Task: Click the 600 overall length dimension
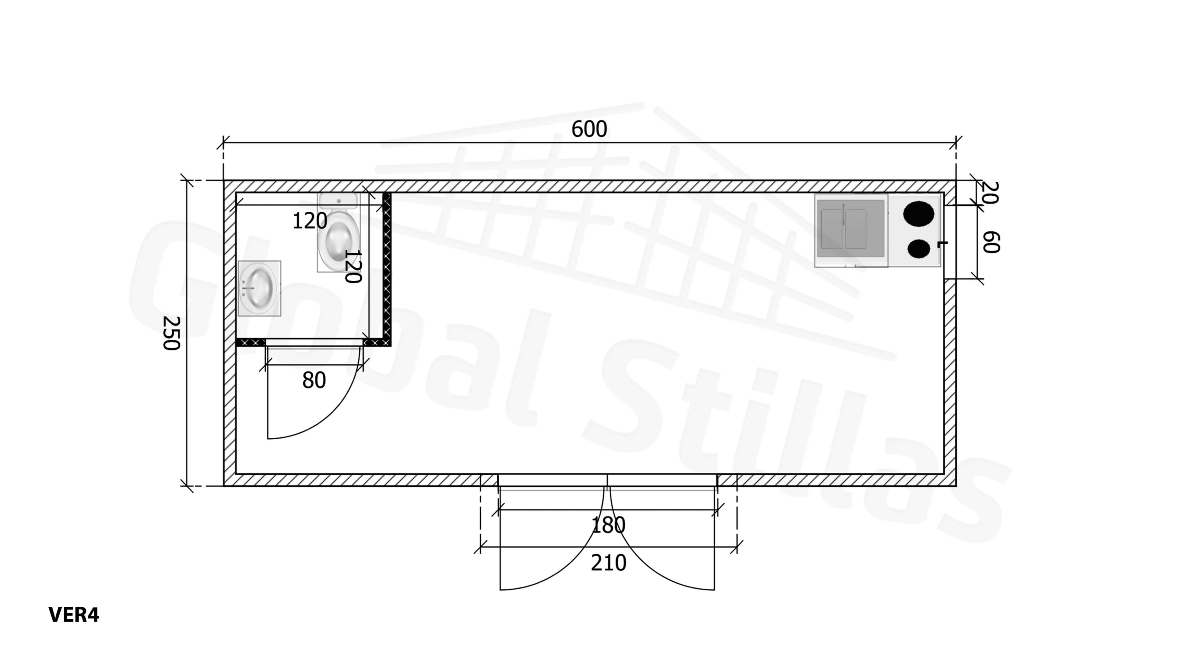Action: (x=589, y=129)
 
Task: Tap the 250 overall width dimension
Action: (x=171, y=333)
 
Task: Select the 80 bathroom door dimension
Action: (x=314, y=381)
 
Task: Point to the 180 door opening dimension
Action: (x=609, y=525)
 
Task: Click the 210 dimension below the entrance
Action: (x=609, y=563)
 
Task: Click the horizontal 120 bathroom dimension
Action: (x=310, y=221)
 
